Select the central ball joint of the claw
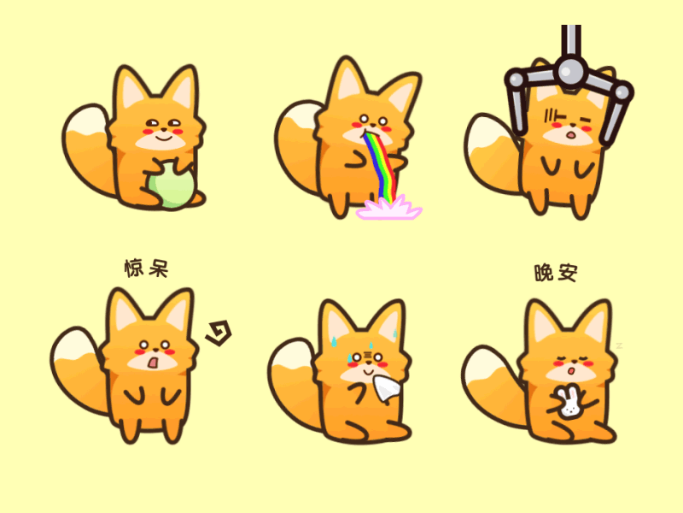[x=570, y=71]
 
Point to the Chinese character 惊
[x=134, y=268]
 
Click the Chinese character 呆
[x=159, y=268]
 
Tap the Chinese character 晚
[x=544, y=273]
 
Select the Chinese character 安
[x=568, y=273]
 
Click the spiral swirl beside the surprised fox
[x=219, y=333]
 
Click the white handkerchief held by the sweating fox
[x=386, y=388]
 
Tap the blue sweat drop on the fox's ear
[x=334, y=341]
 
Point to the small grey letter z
[x=620, y=346]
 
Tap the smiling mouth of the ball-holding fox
[x=164, y=138]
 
